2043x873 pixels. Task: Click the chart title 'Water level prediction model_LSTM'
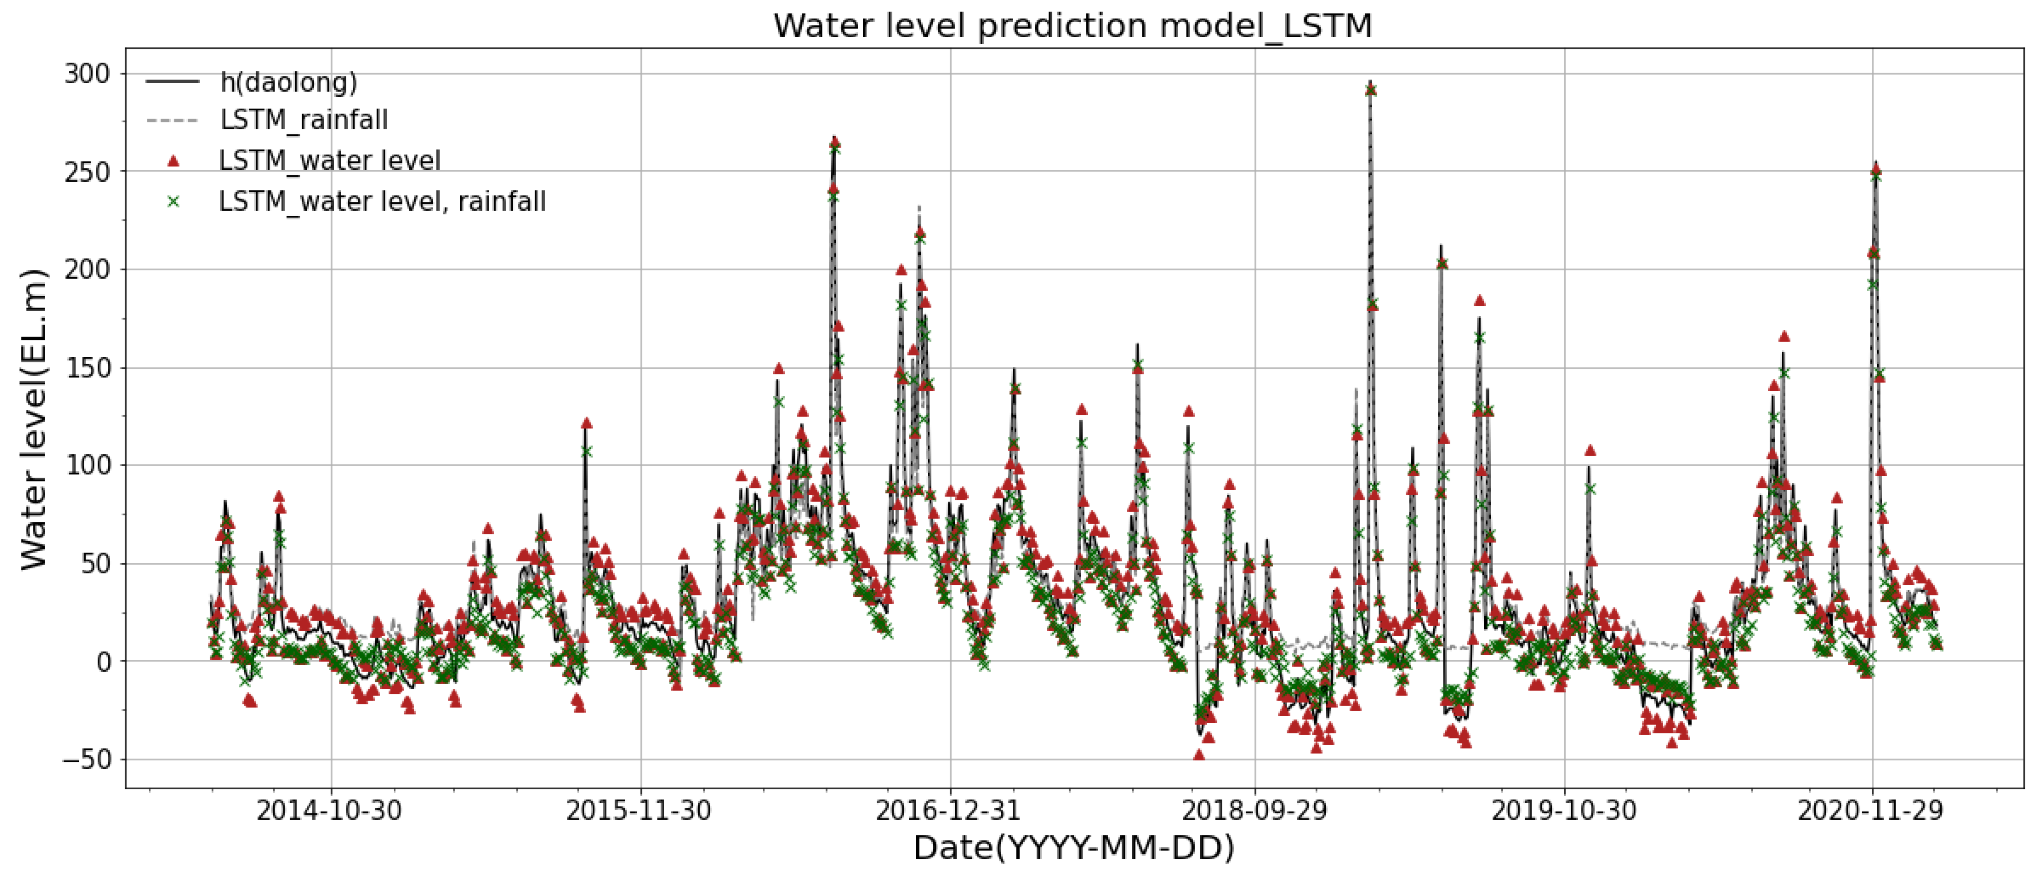[1072, 26]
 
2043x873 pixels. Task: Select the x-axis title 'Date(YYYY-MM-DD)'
[1073, 847]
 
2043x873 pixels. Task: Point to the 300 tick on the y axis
[87, 74]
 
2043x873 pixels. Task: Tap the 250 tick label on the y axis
[87, 172]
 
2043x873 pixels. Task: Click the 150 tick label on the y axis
[87, 367]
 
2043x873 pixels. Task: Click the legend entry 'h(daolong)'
[288, 82]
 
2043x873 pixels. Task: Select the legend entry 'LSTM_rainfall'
[304, 120]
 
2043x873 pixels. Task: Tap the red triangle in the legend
[173, 161]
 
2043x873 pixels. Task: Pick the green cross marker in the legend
[173, 201]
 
